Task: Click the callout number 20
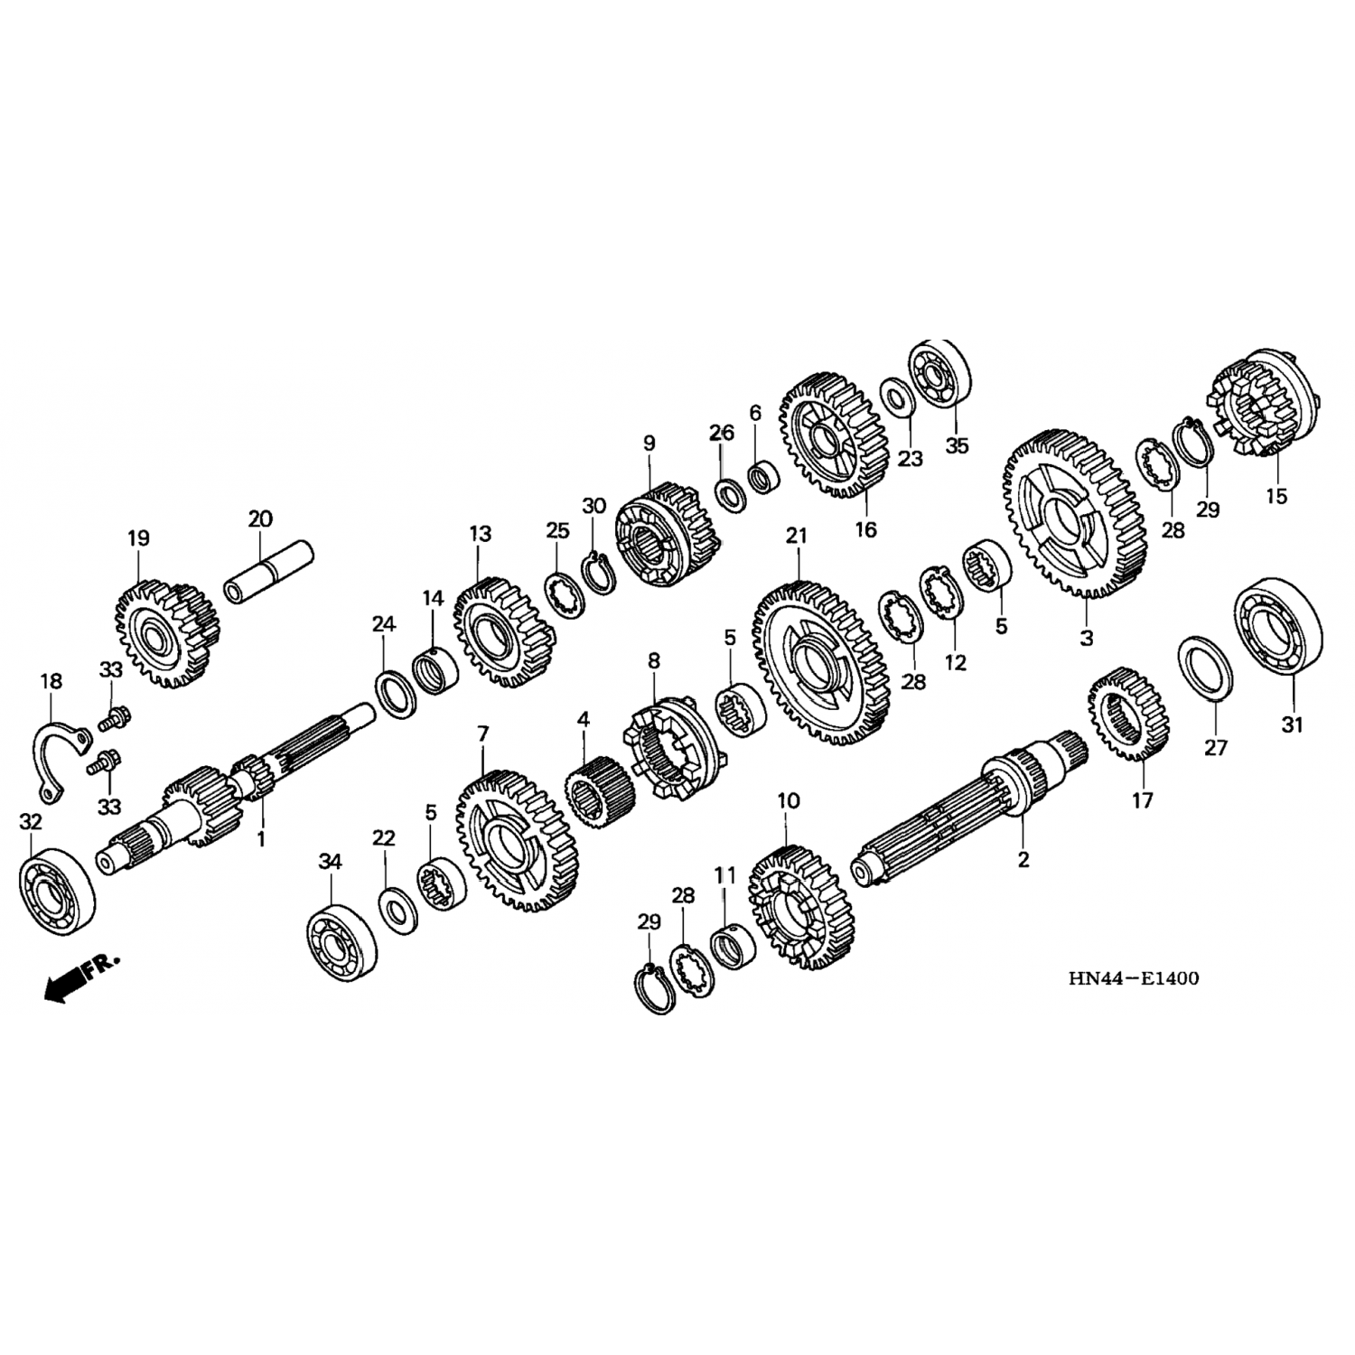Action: coord(259,519)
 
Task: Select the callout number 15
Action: coord(1276,496)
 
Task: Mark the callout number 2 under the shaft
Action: coord(1023,859)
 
